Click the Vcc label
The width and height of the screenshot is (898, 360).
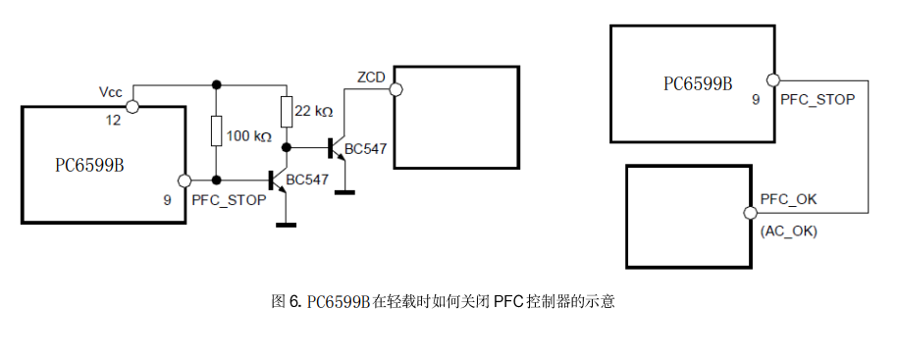tap(110, 91)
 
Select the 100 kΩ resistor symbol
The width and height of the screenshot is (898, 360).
tap(217, 130)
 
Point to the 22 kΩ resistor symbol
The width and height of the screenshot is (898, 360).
tap(286, 113)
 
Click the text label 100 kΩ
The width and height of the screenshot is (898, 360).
tap(248, 136)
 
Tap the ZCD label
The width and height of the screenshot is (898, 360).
tap(371, 76)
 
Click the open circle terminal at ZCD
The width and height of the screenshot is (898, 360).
tap(396, 90)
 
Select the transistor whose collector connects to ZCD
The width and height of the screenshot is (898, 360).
tap(338, 148)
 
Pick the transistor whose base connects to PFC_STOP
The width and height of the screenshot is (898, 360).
tap(277, 180)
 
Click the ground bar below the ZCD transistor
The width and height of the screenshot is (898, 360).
tap(344, 190)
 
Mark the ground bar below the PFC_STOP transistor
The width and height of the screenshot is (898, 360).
tap(286, 224)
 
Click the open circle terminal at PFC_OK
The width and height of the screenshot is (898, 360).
tap(750, 213)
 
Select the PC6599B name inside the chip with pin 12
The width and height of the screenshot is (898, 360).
tap(89, 164)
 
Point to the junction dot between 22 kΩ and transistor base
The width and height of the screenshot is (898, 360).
tap(286, 147)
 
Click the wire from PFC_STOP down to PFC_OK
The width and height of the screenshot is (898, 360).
tap(868, 147)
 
